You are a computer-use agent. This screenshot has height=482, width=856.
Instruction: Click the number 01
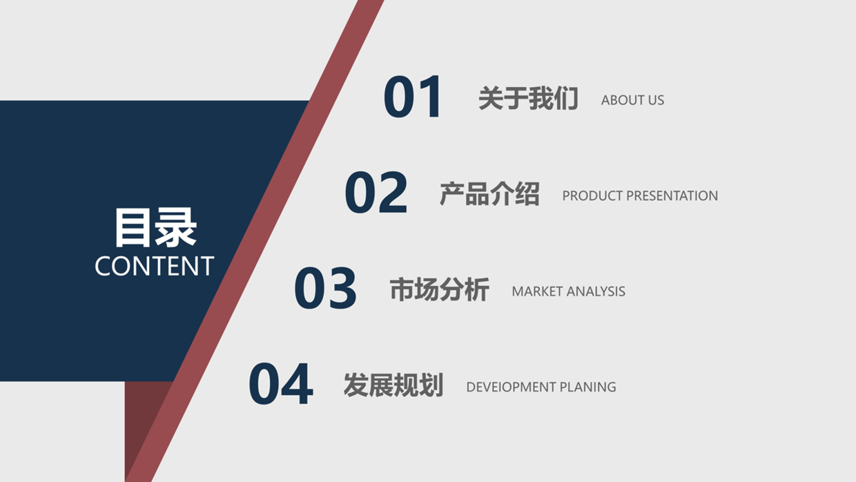[x=413, y=97]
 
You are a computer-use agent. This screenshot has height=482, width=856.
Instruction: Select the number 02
[x=376, y=193]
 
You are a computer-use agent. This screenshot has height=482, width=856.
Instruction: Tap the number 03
[x=325, y=289]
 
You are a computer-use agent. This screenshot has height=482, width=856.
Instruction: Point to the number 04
[x=280, y=385]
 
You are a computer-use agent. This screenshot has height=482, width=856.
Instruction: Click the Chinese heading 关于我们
[x=528, y=99]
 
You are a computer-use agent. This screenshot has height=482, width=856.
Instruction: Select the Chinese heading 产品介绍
[x=489, y=194]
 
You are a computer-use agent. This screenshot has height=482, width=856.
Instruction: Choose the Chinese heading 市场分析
[x=439, y=290]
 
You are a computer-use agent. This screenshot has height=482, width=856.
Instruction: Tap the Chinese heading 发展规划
[x=393, y=385]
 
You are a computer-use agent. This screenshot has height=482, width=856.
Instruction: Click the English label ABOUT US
[x=632, y=100]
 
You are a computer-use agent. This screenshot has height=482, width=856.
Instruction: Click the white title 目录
[x=155, y=227]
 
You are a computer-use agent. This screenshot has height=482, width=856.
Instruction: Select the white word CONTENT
[x=154, y=267]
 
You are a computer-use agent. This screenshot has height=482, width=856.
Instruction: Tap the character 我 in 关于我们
[x=541, y=99]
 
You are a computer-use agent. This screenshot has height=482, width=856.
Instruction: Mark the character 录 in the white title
[x=176, y=227]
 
